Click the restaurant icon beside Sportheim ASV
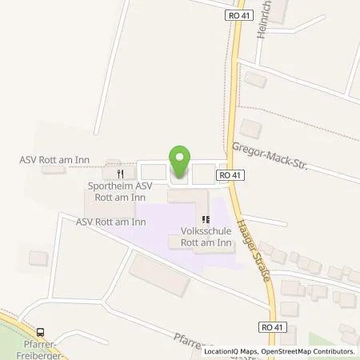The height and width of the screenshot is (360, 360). (120, 172)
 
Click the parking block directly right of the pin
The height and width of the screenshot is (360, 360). (204, 171)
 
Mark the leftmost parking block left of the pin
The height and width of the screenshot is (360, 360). (152, 170)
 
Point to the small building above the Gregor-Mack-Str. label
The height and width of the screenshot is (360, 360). (250, 128)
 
